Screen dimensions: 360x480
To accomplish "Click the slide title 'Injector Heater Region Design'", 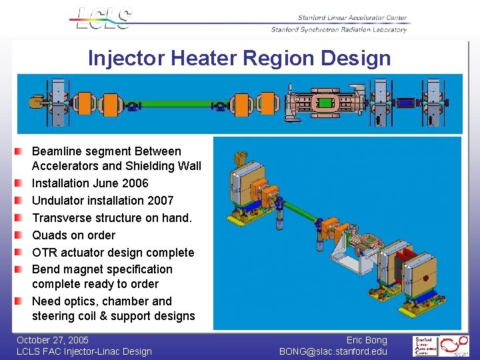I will click(x=239, y=58).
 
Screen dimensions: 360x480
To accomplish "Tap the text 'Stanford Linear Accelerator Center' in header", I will click(x=352, y=18).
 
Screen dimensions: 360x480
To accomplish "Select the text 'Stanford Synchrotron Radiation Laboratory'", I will click(x=339, y=29).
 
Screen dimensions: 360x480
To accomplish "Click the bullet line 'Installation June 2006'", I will click(x=90, y=183).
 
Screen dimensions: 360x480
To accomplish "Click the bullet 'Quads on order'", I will click(x=73, y=235).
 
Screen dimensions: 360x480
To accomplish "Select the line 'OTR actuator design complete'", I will click(x=113, y=253).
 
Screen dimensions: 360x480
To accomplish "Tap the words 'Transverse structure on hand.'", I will click(x=111, y=218).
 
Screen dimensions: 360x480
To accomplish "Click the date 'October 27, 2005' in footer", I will click(x=53, y=340).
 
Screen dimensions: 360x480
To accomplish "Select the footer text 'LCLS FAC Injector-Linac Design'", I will click(x=84, y=351).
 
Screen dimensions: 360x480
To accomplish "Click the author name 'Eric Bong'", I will click(x=366, y=340).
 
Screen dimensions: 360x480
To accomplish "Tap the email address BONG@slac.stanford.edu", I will click(x=333, y=351).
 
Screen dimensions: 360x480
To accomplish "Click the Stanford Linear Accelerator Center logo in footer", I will click(x=424, y=346).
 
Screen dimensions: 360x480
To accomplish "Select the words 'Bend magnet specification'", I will click(x=102, y=269).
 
